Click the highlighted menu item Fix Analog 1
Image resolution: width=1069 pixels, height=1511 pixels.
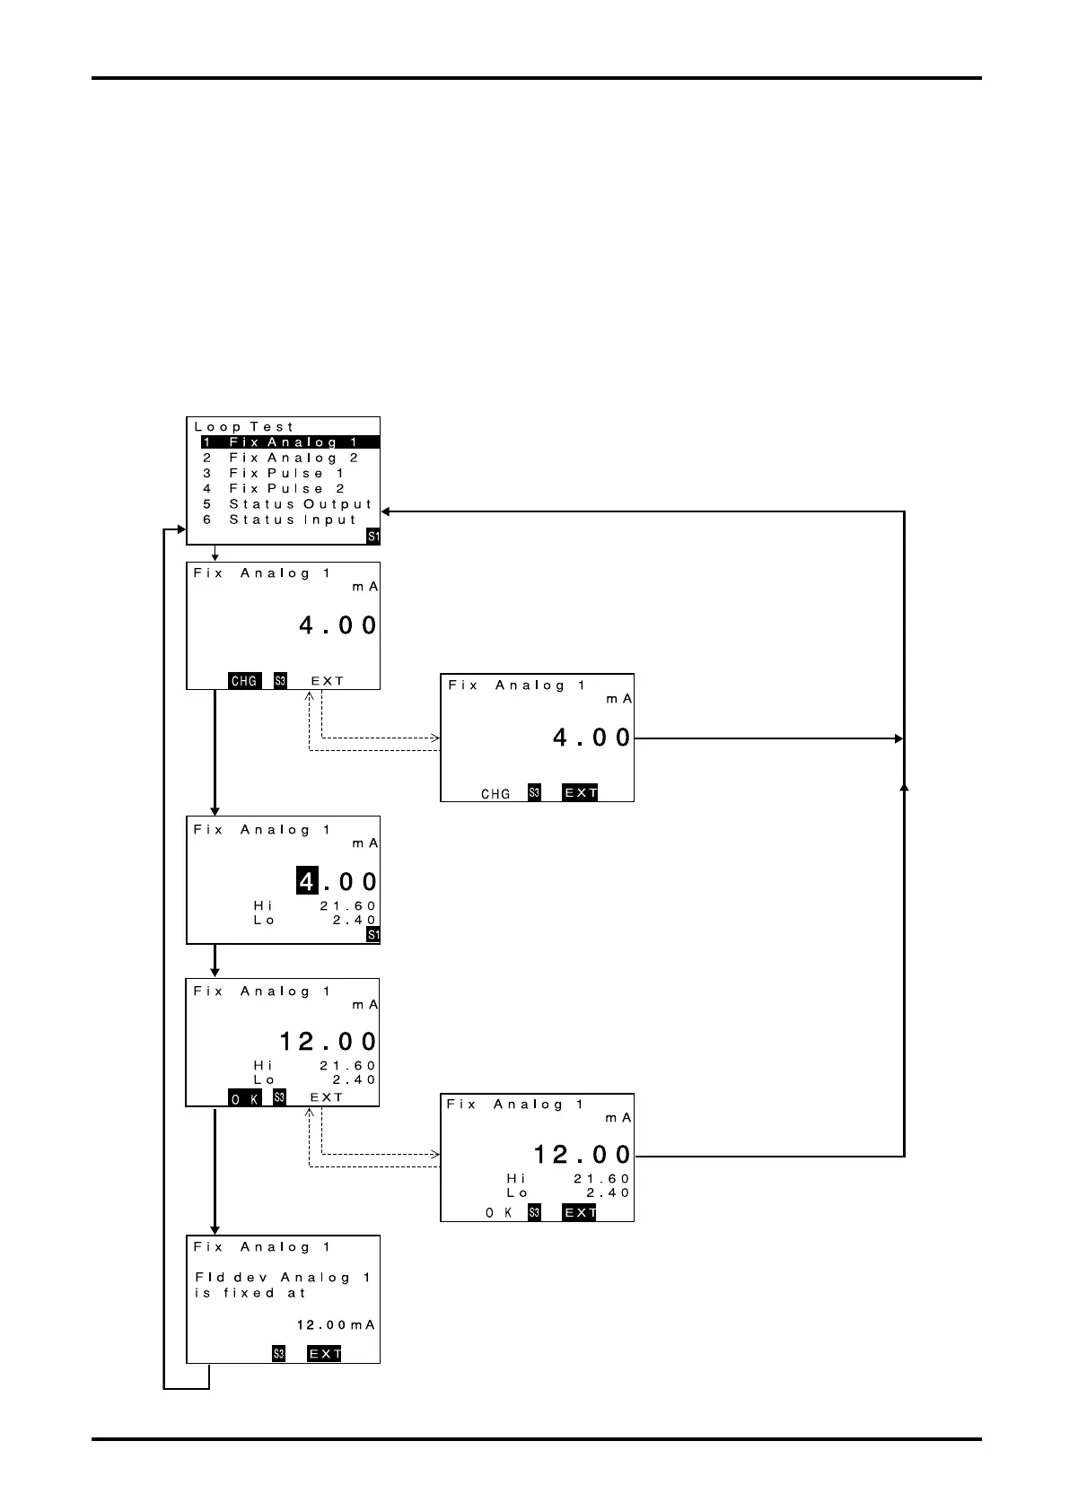[x=290, y=442]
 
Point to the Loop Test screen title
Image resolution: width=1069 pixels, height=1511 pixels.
[x=244, y=427]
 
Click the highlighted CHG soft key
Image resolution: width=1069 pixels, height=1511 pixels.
[x=244, y=681]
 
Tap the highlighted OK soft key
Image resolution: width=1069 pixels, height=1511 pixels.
[x=244, y=1098]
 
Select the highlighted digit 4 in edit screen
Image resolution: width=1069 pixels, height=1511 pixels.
[x=307, y=882]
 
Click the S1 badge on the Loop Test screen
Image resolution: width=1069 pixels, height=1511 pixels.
[x=373, y=537]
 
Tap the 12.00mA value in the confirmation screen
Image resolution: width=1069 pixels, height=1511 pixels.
[x=336, y=1325]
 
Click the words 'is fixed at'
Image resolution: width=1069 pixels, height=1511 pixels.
[x=250, y=1293]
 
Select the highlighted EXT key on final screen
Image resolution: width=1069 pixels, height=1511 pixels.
[x=324, y=1354]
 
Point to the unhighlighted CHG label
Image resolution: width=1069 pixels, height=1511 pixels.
[x=495, y=793]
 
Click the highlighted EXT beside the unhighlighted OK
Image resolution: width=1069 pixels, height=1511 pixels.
[x=580, y=1212]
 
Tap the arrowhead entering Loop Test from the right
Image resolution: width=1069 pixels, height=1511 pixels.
[x=386, y=511]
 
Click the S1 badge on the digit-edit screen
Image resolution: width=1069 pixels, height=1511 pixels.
[x=373, y=936]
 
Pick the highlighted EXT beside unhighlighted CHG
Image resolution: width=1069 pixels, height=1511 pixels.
[x=580, y=793]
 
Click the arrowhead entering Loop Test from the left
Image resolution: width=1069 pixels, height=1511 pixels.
[x=180, y=529]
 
